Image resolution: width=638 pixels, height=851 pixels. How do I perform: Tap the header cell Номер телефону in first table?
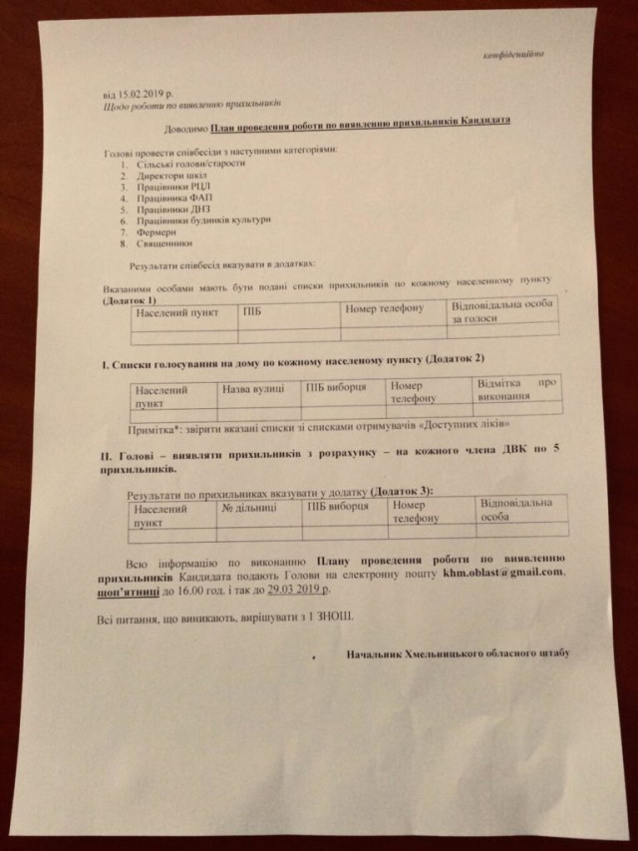[x=384, y=308]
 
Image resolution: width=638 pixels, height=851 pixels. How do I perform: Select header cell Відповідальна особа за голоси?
[x=497, y=312]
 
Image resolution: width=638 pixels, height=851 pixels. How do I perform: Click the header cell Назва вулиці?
[x=253, y=390]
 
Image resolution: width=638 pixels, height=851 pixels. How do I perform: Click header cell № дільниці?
[x=249, y=508]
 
